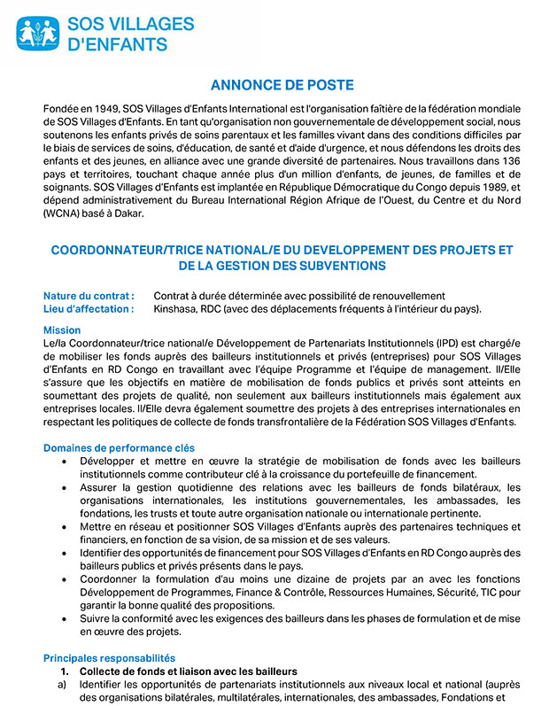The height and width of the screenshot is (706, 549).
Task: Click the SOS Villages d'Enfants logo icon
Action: (38, 33)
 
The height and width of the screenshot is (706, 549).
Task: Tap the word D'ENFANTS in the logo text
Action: (112, 43)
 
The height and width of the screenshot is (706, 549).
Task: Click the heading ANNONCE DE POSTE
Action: (282, 85)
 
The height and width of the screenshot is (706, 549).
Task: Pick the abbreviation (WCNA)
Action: (62, 214)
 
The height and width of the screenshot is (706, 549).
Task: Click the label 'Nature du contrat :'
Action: (89, 296)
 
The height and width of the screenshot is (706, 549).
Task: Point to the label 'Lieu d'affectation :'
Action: (89, 308)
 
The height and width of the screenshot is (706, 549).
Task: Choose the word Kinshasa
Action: (178, 308)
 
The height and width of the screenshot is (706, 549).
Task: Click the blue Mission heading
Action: (62, 330)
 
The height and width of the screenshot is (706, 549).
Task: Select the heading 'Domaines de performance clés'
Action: (119, 448)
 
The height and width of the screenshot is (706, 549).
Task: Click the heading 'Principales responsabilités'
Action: (109, 658)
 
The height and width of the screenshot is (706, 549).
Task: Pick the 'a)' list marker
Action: (62, 685)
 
